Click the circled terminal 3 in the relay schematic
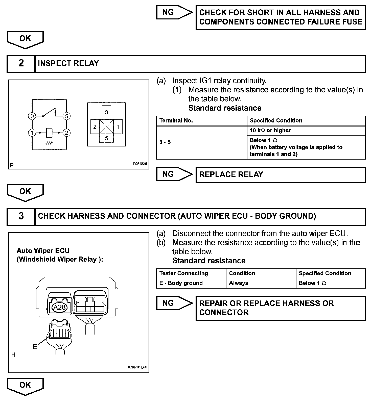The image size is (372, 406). [x=32, y=116]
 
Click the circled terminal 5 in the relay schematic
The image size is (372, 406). [x=66, y=116]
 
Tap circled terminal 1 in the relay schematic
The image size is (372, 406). [x=32, y=133]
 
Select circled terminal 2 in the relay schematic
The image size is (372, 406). [x=66, y=133]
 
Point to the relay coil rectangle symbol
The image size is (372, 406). [x=49, y=133]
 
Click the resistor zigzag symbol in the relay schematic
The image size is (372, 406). [x=49, y=143]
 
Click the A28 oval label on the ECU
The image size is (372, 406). [x=59, y=307]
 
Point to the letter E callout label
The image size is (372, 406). [x=35, y=346]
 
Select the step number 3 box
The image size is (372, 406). [x=21, y=216]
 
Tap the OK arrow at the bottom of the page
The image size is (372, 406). [x=25, y=386]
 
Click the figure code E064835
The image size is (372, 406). [x=140, y=164]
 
